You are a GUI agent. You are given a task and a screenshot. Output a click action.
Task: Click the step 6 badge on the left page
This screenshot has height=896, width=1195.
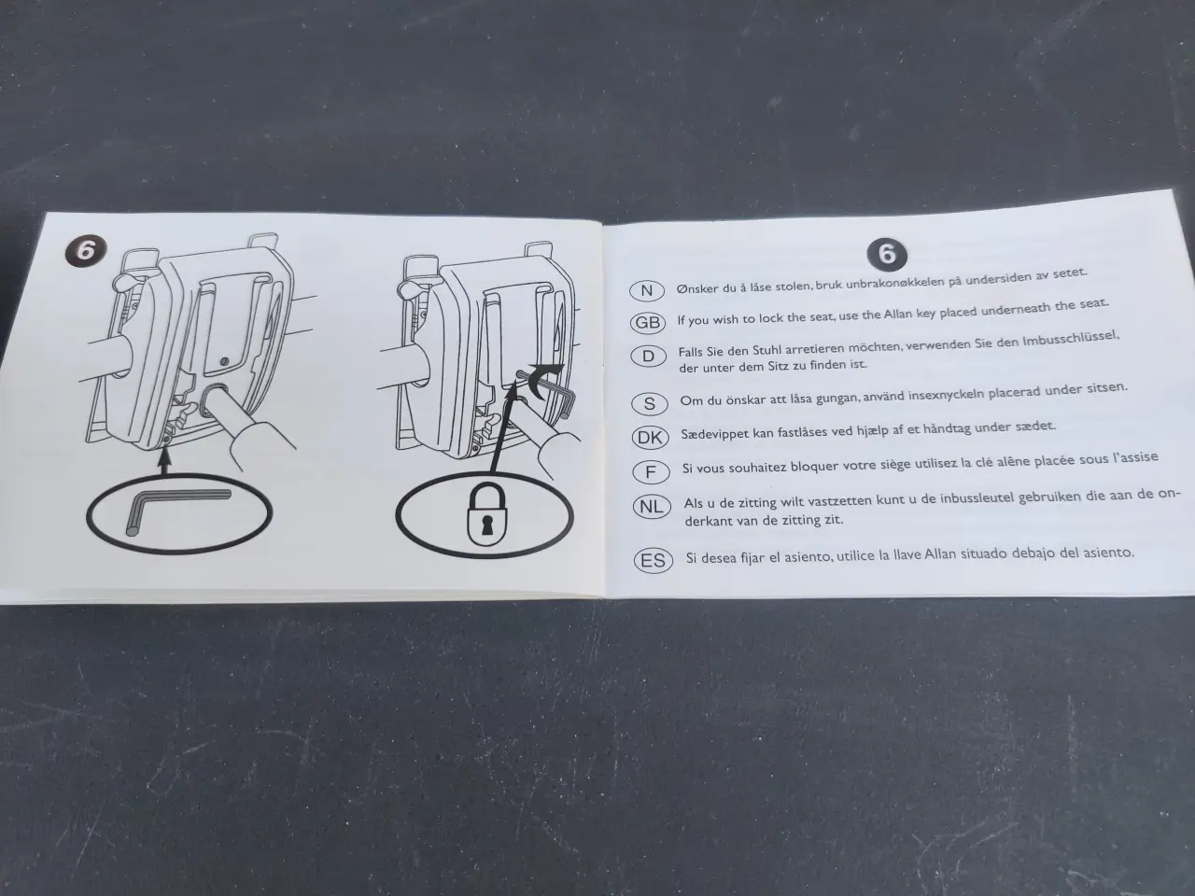(86, 252)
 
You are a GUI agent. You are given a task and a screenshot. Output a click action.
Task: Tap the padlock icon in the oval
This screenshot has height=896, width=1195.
(487, 513)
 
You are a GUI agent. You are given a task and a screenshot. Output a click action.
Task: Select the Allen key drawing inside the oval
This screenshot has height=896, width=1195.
(176, 511)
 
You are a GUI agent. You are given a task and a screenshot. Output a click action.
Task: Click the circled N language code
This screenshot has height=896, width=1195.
(646, 291)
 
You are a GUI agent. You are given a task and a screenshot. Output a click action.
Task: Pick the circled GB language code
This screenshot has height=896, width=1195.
(648, 323)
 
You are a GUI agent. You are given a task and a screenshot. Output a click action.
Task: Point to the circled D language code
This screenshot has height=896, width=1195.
(648, 357)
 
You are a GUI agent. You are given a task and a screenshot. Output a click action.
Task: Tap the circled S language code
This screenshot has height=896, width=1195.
(650, 404)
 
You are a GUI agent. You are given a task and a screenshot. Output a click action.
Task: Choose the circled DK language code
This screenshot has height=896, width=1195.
(650, 438)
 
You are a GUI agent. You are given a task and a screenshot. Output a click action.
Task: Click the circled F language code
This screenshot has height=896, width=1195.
(651, 472)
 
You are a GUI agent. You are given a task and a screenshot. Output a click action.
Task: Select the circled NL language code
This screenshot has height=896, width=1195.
(652, 507)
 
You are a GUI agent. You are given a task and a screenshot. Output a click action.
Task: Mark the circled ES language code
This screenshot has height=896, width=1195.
(654, 560)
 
